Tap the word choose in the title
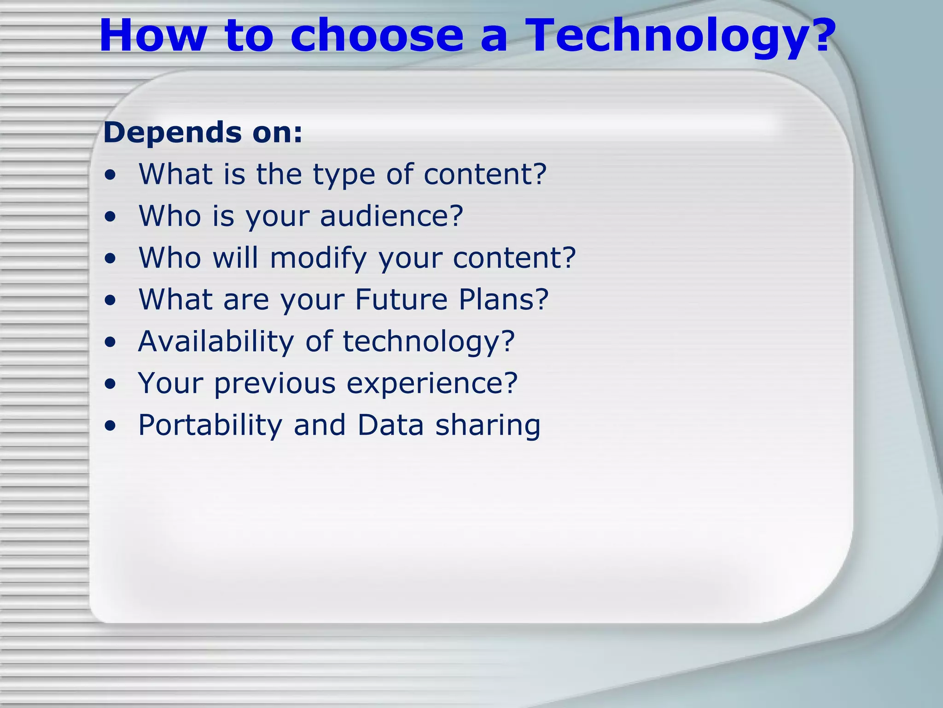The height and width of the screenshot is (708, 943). tap(377, 36)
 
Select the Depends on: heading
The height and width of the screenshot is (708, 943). tap(203, 133)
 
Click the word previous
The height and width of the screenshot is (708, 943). tap(275, 383)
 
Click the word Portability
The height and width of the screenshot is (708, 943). tap(210, 425)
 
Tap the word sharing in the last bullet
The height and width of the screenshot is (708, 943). tap(488, 425)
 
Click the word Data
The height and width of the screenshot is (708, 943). tap(390, 425)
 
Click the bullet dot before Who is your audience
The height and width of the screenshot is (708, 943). tap(110, 217)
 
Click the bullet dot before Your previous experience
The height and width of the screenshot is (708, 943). tap(110, 384)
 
